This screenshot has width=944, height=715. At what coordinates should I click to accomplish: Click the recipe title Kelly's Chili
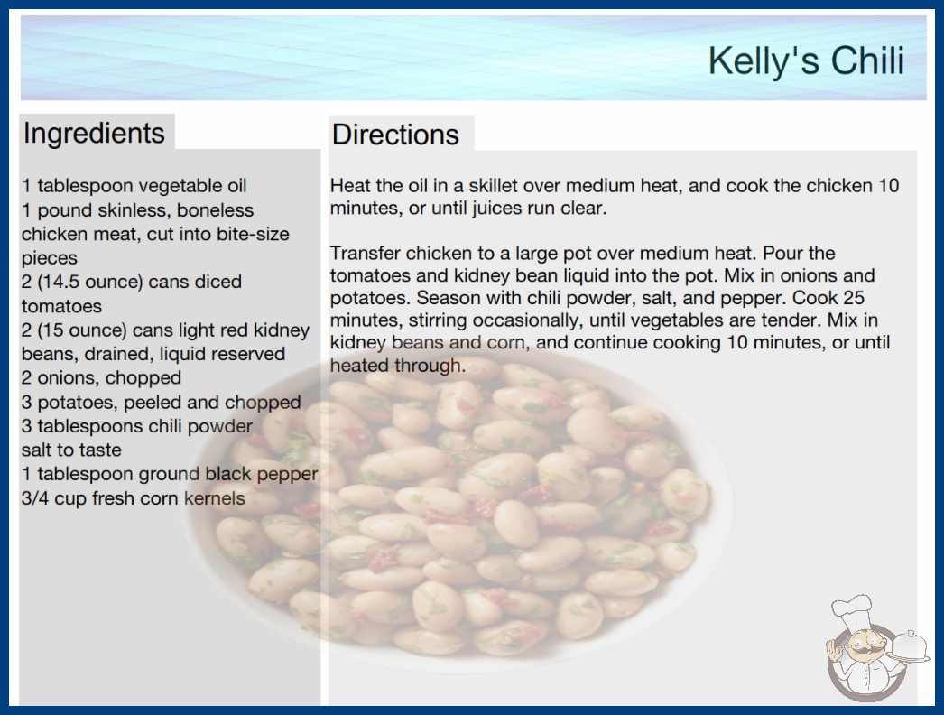806,60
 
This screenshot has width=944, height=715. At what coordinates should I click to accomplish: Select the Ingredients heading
94,134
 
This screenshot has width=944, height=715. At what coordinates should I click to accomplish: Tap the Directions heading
395,135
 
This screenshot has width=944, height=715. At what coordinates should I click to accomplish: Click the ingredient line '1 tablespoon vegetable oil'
134,186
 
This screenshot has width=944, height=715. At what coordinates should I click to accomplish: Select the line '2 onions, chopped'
101,377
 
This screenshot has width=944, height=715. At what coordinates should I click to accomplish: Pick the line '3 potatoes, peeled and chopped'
161,402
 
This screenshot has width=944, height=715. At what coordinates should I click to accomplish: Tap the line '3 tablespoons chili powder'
136,426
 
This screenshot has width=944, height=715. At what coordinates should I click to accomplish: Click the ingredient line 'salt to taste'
71,450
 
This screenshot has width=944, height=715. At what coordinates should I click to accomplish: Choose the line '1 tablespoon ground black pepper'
169,474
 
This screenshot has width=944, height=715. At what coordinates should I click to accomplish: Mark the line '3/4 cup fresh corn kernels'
133,498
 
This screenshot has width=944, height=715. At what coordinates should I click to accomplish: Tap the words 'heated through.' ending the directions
398,365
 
